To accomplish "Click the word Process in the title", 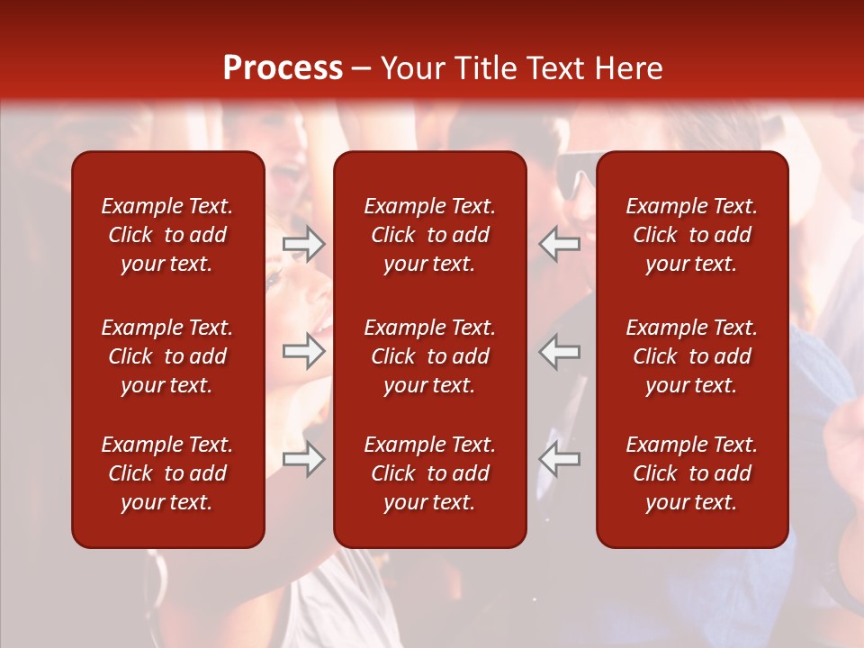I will [283, 68].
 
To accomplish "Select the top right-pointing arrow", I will [304, 244].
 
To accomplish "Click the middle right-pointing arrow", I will [304, 351].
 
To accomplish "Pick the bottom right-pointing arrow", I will [304, 459].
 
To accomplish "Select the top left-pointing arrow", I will [560, 244].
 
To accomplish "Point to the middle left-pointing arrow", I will [560, 351].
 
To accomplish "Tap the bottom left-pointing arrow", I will [560, 459].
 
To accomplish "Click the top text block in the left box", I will [167, 235].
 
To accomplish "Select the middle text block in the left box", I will [167, 356].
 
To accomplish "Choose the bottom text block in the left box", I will [167, 473].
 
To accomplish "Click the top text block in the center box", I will [430, 235].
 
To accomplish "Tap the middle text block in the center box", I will [430, 356].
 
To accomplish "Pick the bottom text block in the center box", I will [430, 473].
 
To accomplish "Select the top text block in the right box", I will [692, 235].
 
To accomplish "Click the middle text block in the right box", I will [692, 356].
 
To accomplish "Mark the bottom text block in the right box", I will [692, 473].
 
